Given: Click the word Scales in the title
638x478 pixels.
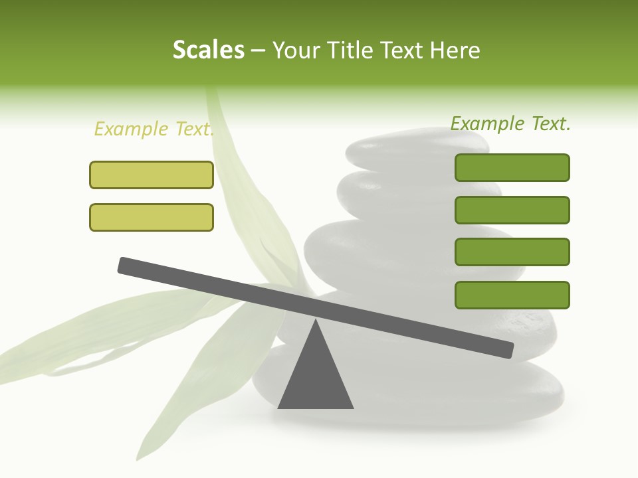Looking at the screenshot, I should [208, 50].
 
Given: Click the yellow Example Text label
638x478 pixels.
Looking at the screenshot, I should [154, 129].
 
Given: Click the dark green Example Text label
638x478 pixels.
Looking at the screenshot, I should [510, 123].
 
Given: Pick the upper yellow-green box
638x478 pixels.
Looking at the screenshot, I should [152, 175].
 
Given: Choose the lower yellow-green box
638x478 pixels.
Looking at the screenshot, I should [152, 217].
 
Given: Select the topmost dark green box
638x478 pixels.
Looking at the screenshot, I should [512, 167].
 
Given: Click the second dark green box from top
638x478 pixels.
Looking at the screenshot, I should [512, 210].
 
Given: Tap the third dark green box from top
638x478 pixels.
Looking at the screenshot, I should [512, 252].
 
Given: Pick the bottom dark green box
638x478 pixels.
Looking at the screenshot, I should [512, 295].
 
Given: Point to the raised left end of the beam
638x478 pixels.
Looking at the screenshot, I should [124, 265].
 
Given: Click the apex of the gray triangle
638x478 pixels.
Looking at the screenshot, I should [316, 321].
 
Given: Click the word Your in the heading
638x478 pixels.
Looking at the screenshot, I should [296, 50].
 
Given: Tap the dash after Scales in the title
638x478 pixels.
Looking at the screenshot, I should [258, 50].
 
